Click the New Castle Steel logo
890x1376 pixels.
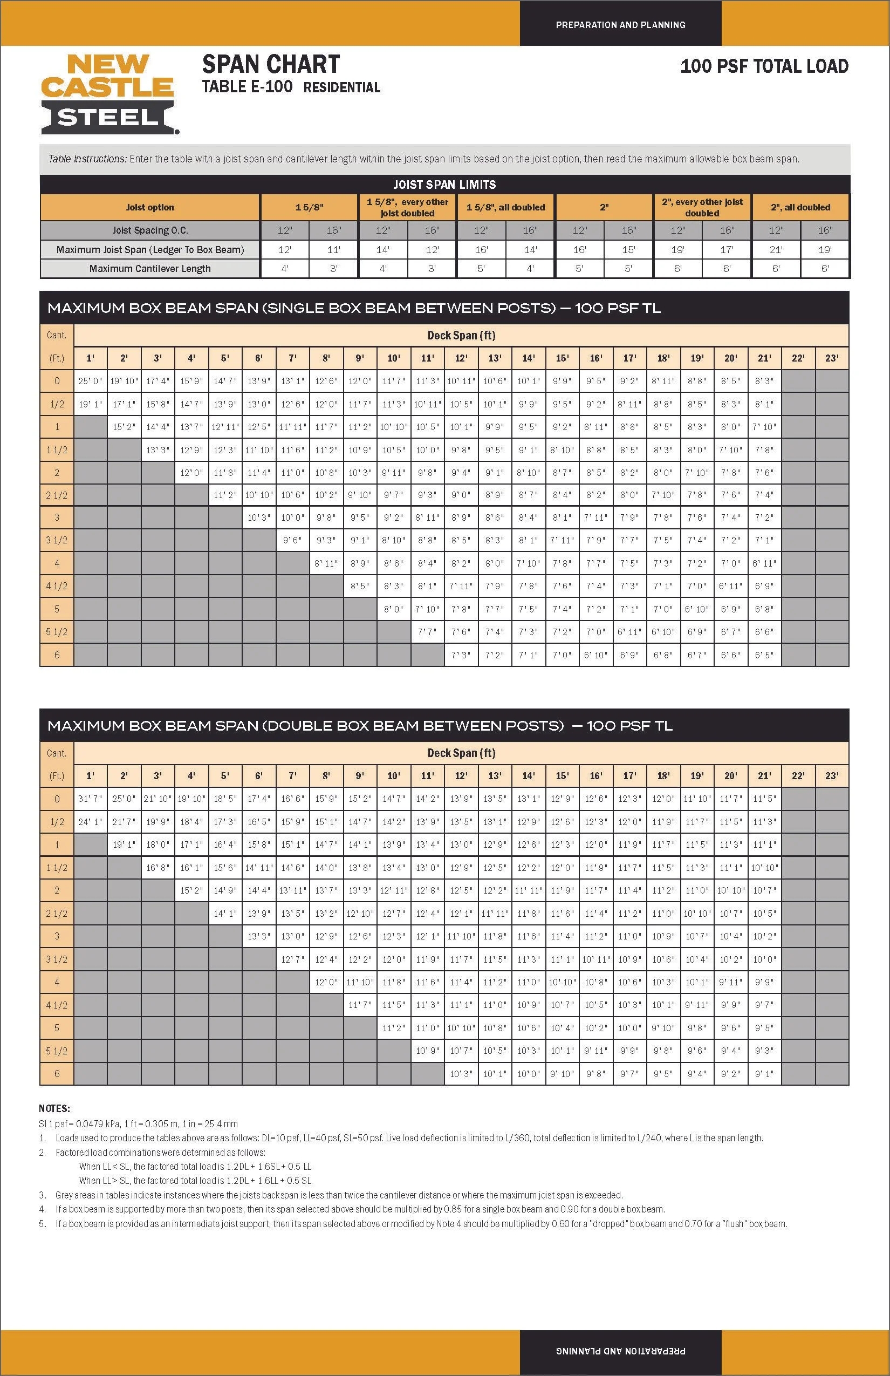coord(108,94)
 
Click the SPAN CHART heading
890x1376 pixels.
coord(271,64)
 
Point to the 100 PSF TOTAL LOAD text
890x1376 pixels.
coord(764,66)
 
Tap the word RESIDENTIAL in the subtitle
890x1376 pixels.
coord(341,87)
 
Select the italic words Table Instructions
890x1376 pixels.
coord(87,159)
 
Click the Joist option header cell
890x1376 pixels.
coord(150,207)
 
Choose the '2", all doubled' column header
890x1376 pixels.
coord(800,207)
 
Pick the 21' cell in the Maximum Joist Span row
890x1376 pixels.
coord(776,250)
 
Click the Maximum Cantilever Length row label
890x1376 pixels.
coord(150,268)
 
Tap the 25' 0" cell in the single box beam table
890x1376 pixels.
coord(90,381)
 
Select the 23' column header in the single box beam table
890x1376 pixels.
coord(832,358)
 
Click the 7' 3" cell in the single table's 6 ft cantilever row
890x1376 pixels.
coord(461,655)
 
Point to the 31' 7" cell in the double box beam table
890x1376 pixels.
coord(90,799)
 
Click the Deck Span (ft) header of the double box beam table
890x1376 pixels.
coord(461,753)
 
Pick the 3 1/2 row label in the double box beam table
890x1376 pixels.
coord(57,959)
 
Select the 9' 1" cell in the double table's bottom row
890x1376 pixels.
coord(764,1074)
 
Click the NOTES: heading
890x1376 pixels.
coord(54,1108)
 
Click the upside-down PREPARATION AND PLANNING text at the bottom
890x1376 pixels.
coord(621,1351)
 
